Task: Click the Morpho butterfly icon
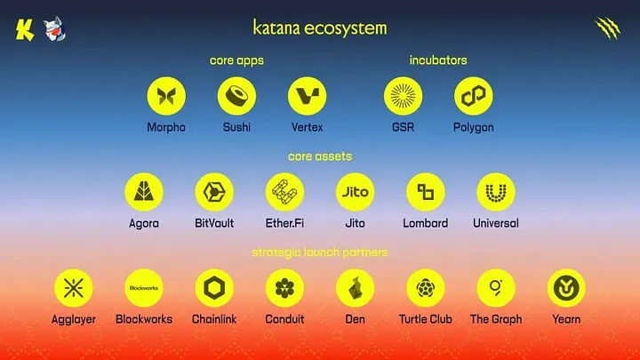click(x=165, y=96)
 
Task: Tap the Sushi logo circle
click(x=236, y=96)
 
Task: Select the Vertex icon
click(x=308, y=96)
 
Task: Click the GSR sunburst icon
click(x=403, y=96)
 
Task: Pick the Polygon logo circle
click(x=474, y=96)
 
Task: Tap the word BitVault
click(x=214, y=223)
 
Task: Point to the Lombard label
click(x=426, y=223)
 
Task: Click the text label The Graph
click(x=496, y=319)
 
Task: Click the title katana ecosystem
click(x=320, y=28)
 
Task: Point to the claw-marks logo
click(x=608, y=28)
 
